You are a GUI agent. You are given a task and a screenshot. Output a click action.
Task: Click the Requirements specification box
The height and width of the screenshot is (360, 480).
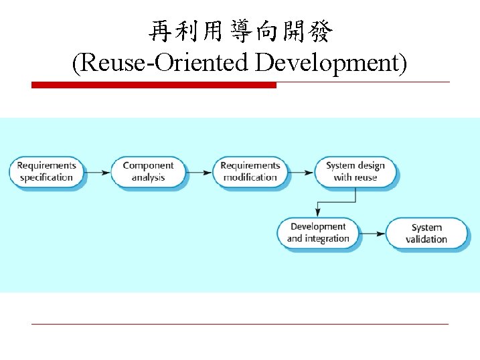coord(46,171)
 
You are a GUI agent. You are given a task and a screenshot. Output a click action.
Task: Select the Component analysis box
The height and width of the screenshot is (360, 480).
coord(148,171)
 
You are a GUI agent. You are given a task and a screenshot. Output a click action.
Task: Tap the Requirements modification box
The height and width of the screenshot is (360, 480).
coord(250,171)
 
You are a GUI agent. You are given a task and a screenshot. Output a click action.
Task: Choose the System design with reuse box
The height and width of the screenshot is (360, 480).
coord(355,171)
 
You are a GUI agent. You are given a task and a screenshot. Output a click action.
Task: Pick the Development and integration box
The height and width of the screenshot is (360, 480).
coord(318,233)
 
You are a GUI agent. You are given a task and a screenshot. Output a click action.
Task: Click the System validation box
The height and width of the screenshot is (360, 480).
coord(426,234)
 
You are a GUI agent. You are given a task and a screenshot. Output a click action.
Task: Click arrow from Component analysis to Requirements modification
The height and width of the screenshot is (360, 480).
coord(199,172)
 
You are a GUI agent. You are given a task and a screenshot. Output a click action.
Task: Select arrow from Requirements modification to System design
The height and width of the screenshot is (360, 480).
coord(301,172)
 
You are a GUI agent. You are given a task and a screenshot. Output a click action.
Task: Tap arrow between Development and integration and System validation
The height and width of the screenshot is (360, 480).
coord(372,234)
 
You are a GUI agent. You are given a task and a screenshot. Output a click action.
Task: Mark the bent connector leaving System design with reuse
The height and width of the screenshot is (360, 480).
coord(335,201)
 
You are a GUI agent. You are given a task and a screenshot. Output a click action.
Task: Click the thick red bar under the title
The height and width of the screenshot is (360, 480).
coord(154,85)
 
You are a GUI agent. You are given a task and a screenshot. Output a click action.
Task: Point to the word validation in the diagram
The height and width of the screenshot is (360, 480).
coord(426,240)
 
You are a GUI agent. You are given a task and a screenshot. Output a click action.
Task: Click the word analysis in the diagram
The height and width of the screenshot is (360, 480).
coord(148,177)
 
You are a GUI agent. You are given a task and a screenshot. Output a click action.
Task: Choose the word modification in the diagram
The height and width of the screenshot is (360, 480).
coord(250,177)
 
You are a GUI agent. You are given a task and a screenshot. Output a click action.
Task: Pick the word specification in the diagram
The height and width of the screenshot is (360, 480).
coord(46,177)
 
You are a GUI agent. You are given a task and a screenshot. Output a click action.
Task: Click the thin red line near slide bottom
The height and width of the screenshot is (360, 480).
coord(240,324)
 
